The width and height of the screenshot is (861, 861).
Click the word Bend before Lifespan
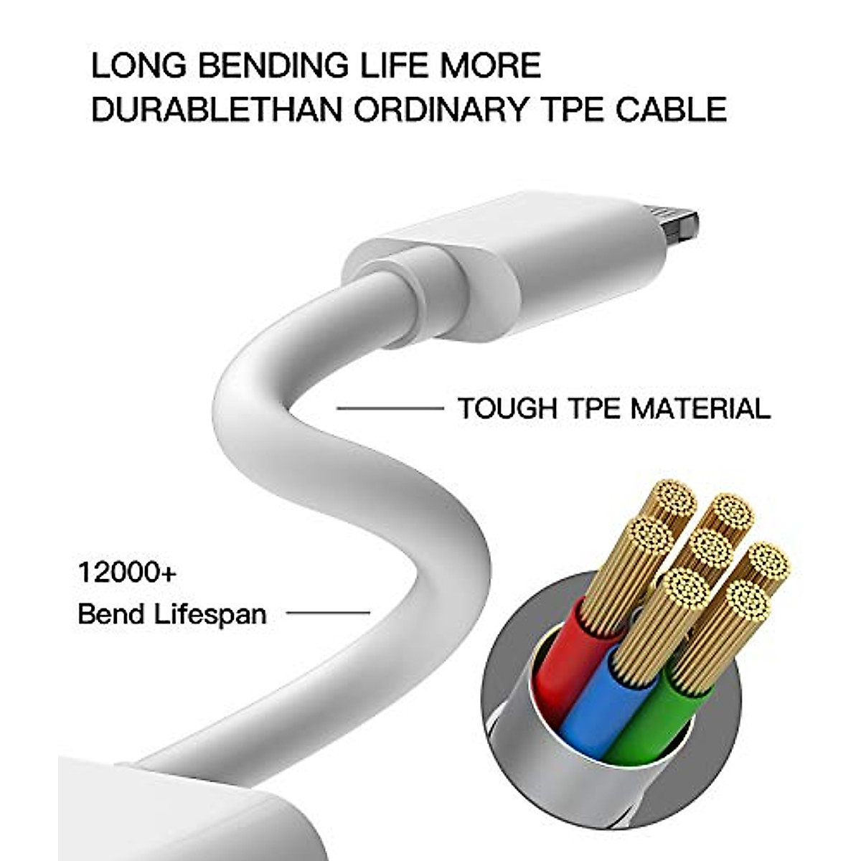(x=108, y=615)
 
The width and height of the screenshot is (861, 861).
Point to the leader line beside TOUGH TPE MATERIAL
(x=390, y=409)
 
